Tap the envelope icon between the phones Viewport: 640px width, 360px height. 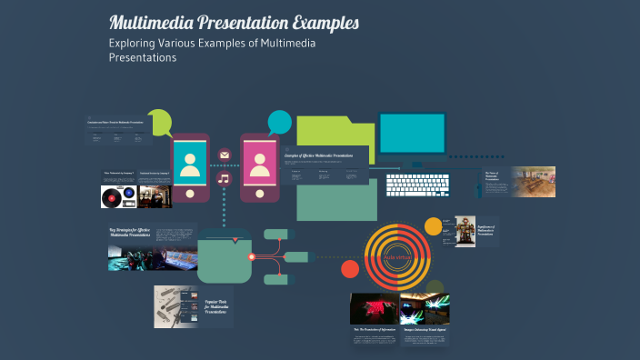pos(225,155)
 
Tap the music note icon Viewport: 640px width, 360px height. pos(225,178)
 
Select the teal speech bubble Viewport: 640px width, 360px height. pos(279,122)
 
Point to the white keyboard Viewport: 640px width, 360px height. pos(418,185)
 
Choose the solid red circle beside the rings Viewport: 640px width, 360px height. pos(350,268)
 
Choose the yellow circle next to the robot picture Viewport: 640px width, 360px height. pos(434,226)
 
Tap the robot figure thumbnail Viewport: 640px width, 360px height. pos(464,231)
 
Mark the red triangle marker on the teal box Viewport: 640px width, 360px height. pos(236,241)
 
